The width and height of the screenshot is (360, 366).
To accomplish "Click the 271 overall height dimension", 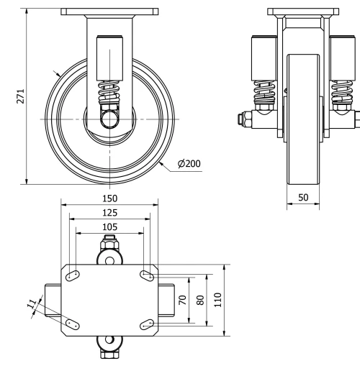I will pyautogui.click(x=20, y=97).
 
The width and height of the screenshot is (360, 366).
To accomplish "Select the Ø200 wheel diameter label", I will pyautogui.click(x=189, y=163).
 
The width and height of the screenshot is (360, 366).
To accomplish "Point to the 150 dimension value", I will pyautogui.click(x=109, y=198).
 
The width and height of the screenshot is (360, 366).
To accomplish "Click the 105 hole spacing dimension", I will pyautogui.click(x=109, y=227).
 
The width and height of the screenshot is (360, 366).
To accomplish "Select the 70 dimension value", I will pyautogui.click(x=184, y=298).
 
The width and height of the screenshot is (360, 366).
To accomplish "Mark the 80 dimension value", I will pyautogui.click(x=201, y=298).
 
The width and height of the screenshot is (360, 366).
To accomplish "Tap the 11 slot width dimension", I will pyautogui.click(x=31, y=306).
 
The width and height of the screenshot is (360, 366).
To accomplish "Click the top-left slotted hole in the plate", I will pyautogui.click(x=73, y=275).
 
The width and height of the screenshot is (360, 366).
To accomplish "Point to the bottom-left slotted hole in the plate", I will pyautogui.click(x=73, y=323).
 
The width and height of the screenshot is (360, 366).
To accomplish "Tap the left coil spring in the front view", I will pyautogui.click(x=264, y=92).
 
